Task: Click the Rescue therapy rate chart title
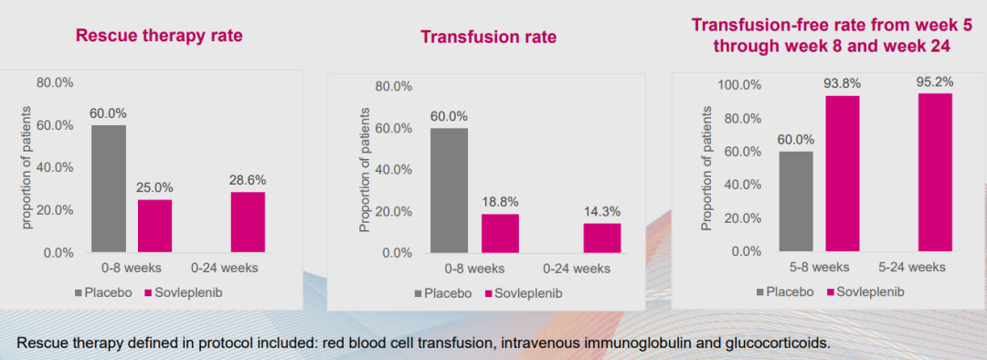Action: point(159,36)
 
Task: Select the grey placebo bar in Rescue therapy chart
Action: point(108,189)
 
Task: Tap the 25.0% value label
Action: point(154,187)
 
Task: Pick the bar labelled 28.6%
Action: point(248,222)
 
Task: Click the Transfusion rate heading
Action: point(488,37)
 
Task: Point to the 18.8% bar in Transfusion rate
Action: point(501,234)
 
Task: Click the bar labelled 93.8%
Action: point(843,174)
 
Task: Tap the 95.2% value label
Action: point(935,82)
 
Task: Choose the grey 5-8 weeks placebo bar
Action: point(796,201)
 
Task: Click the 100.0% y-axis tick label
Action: point(739,85)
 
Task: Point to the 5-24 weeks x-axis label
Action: point(911,267)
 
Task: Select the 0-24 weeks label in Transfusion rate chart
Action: point(576,269)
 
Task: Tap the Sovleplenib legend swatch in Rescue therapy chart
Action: point(149,292)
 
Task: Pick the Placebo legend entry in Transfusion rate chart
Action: point(443,293)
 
